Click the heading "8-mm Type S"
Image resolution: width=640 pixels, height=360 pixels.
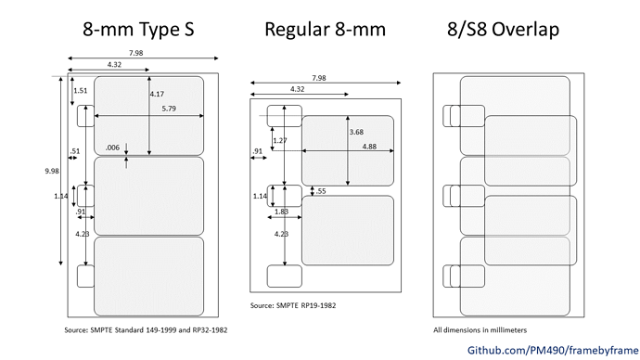tap(138, 30)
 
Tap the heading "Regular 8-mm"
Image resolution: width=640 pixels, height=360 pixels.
tap(325, 30)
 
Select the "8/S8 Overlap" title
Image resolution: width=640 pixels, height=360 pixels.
tap(503, 30)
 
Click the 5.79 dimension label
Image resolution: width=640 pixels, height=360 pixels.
tap(169, 109)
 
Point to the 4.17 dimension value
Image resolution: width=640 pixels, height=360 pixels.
tap(157, 94)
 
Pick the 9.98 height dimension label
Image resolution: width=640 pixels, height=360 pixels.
tap(52, 171)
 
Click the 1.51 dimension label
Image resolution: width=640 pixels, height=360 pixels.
tap(81, 91)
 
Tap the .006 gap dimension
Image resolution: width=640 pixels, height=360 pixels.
tap(112, 148)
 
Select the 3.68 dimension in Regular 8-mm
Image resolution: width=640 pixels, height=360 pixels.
tap(356, 132)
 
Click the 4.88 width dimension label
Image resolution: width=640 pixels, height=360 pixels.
tap(369, 147)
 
